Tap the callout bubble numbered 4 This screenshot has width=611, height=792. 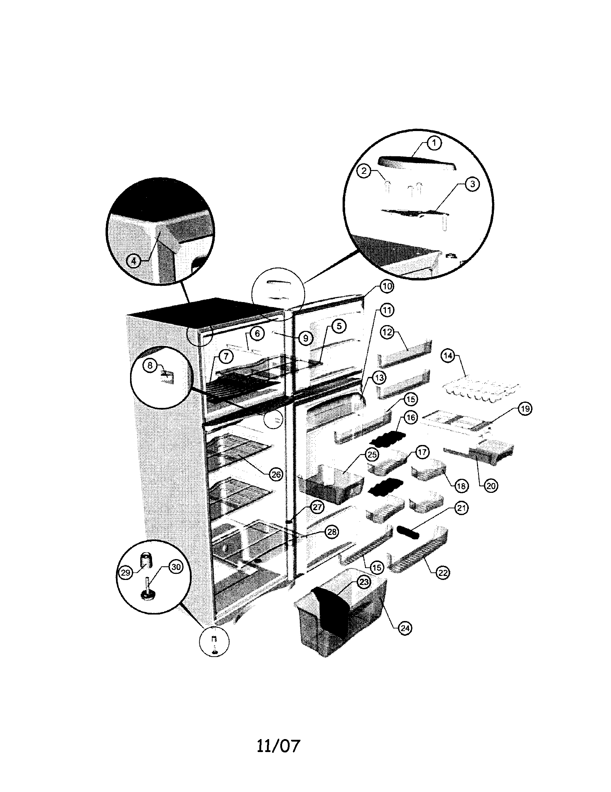[x=134, y=260]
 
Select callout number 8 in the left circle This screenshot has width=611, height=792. [x=150, y=366]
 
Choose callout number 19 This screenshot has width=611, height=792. [x=525, y=409]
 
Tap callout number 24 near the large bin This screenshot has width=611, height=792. [x=405, y=628]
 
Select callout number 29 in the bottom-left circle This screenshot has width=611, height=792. [x=125, y=572]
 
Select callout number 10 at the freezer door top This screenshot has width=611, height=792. [x=387, y=287]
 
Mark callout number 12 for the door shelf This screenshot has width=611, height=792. [x=388, y=332]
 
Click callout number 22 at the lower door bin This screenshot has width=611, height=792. [x=443, y=573]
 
